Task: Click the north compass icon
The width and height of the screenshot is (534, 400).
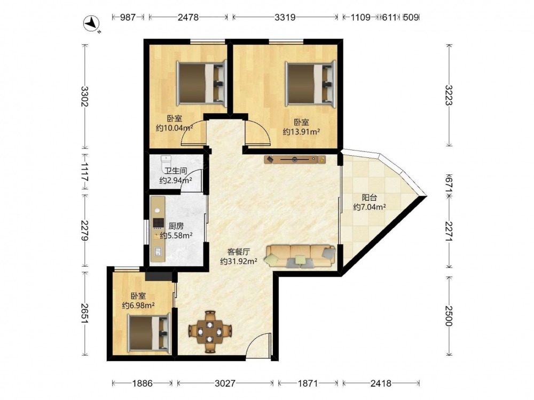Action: (x=92, y=24)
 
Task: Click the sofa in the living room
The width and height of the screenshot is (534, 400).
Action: (x=300, y=256)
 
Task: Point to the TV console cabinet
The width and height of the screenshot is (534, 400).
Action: (x=295, y=159)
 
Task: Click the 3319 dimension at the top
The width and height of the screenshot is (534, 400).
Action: (x=285, y=17)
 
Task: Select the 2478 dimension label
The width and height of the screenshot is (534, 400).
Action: (x=188, y=17)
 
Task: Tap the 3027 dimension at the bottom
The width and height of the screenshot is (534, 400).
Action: (x=225, y=383)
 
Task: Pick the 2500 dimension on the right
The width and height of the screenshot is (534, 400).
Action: (x=449, y=316)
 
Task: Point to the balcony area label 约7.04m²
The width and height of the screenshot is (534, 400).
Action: (x=369, y=207)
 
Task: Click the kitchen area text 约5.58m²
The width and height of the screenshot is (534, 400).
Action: (x=176, y=235)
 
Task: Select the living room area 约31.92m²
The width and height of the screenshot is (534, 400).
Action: (x=238, y=261)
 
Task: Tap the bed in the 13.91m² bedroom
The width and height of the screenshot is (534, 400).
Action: (x=311, y=82)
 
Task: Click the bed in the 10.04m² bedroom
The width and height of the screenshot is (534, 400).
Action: (x=201, y=82)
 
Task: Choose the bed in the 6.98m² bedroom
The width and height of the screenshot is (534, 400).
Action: (x=149, y=332)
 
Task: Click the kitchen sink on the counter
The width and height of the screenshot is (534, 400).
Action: (x=158, y=252)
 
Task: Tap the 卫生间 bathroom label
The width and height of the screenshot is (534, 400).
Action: (x=176, y=171)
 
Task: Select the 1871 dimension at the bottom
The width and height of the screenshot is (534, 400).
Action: (x=308, y=383)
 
